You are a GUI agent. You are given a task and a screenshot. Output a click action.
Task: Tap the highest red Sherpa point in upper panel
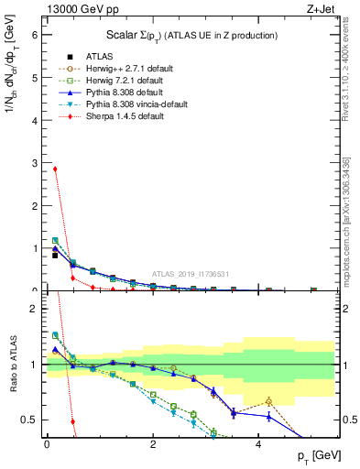pos(55,169)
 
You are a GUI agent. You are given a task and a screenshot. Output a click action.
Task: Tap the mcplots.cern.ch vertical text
pos(346,220)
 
